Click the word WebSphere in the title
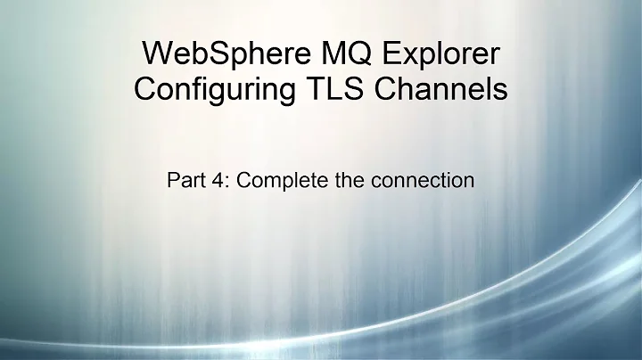[x=210, y=54]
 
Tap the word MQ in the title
[x=323, y=54]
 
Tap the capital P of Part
[x=173, y=180]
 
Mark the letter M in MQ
[x=311, y=54]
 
